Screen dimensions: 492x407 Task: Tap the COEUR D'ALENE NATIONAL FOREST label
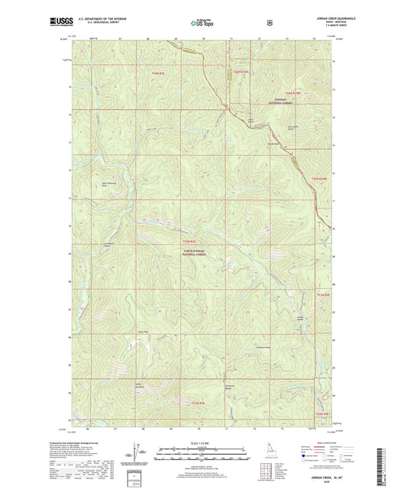[197, 251]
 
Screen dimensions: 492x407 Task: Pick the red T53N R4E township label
[318, 179]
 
